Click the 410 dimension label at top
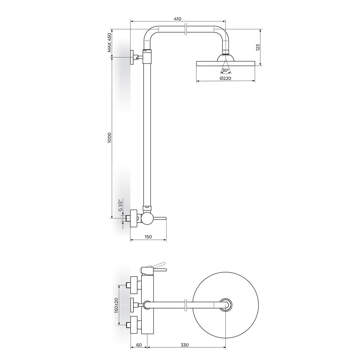[177, 19]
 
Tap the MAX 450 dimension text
[109, 42]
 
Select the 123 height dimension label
[258, 47]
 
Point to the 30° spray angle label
[226, 70]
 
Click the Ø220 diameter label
[225, 78]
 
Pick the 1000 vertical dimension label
[109, 138]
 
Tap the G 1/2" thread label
[120, 206]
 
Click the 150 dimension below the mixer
[148, 237]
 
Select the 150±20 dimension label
[116, 305]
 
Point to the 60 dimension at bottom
[139, 345]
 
